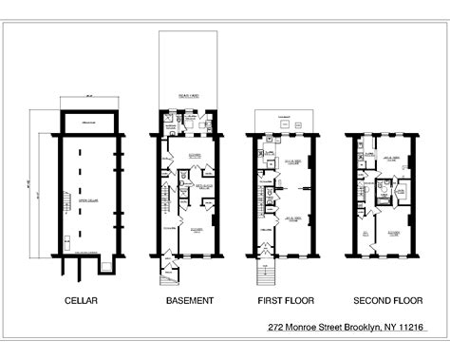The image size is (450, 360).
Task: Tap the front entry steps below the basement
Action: tap(170, 275)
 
